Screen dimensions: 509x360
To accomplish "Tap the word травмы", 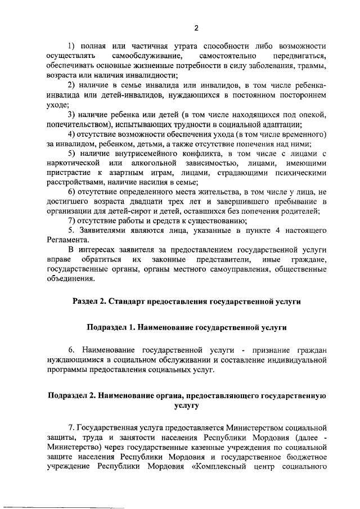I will [x=310, y=66].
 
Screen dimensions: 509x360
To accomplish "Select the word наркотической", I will [x=76, y=163].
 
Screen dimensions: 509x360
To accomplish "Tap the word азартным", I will [x=142, y=173].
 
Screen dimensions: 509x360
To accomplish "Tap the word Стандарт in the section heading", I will [x=125, y=301].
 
